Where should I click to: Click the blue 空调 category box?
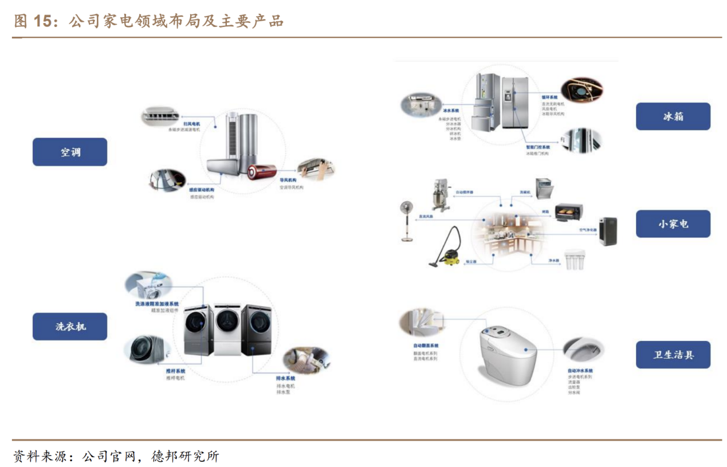coord(69,152)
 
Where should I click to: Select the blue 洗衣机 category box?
coord(69,327)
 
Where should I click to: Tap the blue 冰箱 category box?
coord(673,116)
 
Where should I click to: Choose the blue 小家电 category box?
coord(673,223)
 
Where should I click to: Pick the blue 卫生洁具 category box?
coord(673,355)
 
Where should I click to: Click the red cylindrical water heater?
coord(262,171)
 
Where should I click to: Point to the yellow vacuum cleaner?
coord(445,246)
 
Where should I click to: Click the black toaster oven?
coord(568,212)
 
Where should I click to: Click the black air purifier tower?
coord(607,231)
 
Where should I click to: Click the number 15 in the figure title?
coord(42,22)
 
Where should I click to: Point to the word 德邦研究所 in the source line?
coord(185,456)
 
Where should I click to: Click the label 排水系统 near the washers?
coord(285,378)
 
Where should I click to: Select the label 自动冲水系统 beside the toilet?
coord(580,371)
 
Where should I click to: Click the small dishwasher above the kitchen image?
coord(544,189)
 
